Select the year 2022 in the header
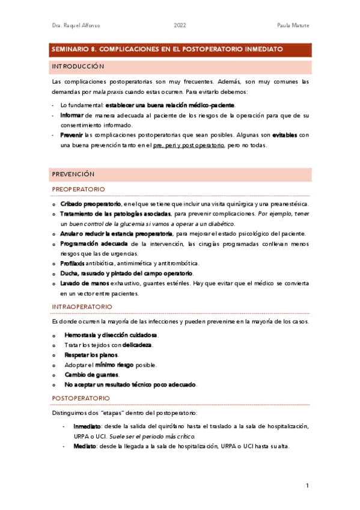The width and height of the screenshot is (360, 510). click(x=180, y=26)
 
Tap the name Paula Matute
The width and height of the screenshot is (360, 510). click(x=293, y=26)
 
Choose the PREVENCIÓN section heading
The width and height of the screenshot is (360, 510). click(x=73, y=174)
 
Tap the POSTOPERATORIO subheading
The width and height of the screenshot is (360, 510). click(x=81, y=398)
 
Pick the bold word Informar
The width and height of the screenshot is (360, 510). click(x=72, y=114)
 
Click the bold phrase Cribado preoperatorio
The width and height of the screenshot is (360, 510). click(x=91, y=204)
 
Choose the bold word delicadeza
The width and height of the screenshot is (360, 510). click(x=136, y=345)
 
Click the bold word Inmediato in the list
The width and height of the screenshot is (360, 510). click(x=87, y=426)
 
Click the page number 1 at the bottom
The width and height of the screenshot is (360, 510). click(x=307, y=485)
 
